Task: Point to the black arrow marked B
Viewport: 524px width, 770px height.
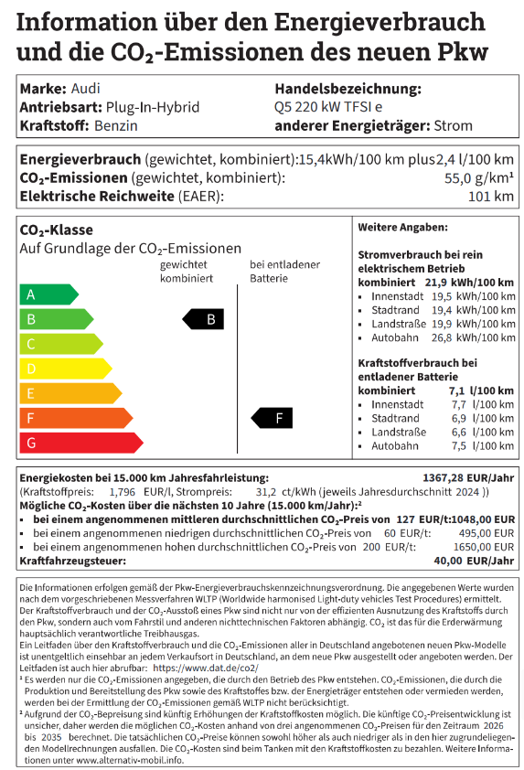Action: point(204,319)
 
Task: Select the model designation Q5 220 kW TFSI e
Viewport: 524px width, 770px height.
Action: point(328,107)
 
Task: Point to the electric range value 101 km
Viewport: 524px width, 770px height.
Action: point(491,196)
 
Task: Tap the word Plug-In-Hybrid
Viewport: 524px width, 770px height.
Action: point(152,107)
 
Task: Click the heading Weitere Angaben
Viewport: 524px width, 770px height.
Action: point(402,226)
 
